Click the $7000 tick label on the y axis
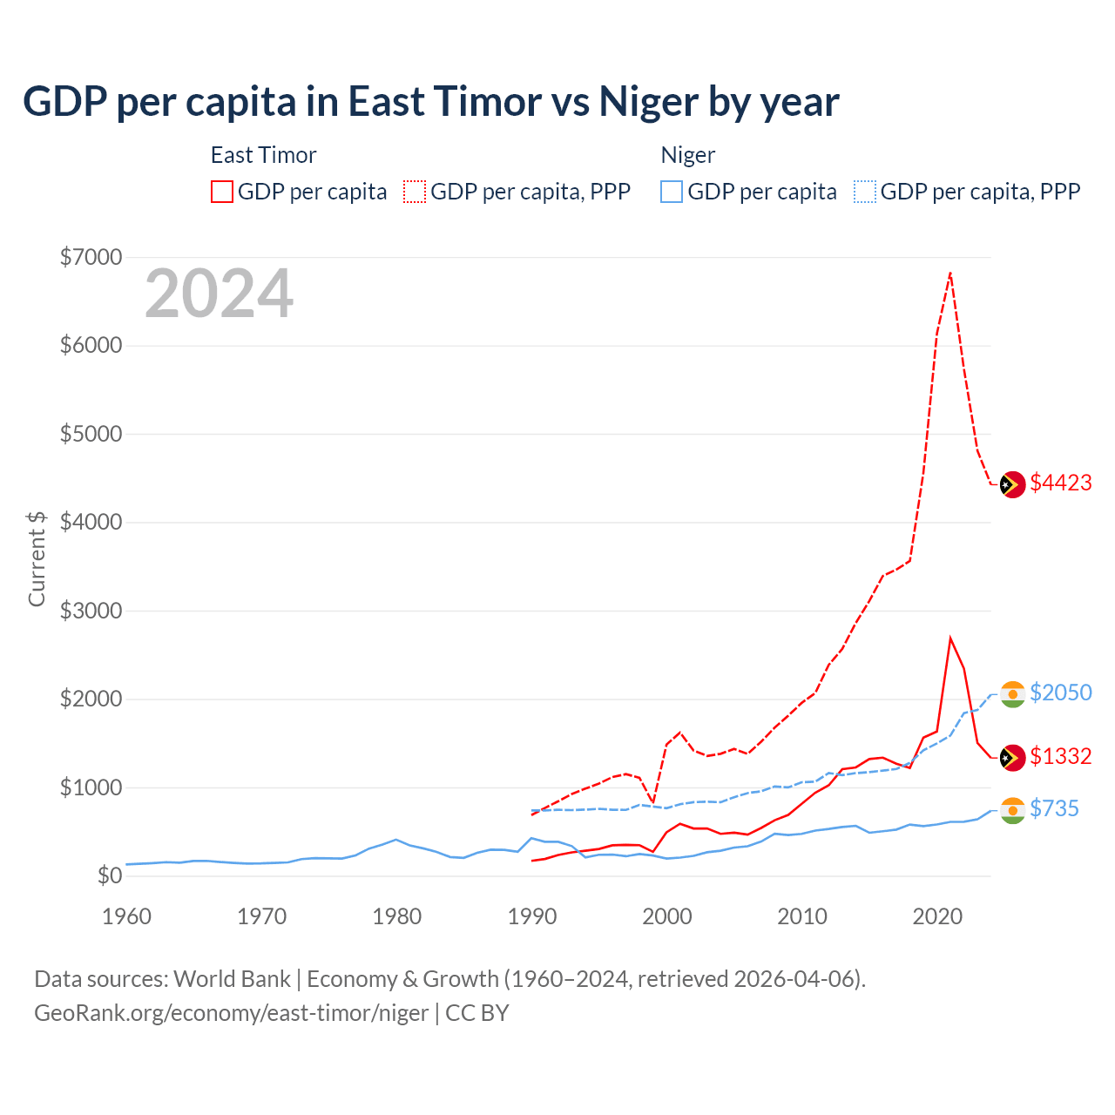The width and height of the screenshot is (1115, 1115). coord(91,258)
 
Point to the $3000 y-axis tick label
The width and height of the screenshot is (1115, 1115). coord(91,611)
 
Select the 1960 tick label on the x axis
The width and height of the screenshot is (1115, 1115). coord(127,916)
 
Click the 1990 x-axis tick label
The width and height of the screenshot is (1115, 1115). coord(532,916)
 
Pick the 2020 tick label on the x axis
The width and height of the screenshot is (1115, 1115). coord(937,916)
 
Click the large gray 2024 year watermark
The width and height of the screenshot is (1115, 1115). coord(220,294)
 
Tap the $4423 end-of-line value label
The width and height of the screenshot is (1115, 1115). coord(1060,483)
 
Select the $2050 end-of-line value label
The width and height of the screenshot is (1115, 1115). coord(1060,693)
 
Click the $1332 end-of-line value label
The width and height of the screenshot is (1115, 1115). coord(1060,756)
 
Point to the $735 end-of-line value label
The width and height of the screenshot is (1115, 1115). coord(1054,808)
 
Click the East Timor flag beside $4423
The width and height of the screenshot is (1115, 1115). coord(1012,484)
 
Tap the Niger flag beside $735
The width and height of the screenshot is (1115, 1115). coord(1012,810)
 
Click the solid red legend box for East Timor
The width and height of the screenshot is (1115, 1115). coord(222,192)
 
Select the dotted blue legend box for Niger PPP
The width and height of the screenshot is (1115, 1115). coord(865,192)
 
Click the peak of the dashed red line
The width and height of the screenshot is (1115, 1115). coord(950,273)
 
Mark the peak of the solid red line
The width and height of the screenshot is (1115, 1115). coord(950,638)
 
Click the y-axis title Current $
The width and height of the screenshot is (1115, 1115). coord(37,558)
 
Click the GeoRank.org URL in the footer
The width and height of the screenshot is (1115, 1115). coord(231,1013)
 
